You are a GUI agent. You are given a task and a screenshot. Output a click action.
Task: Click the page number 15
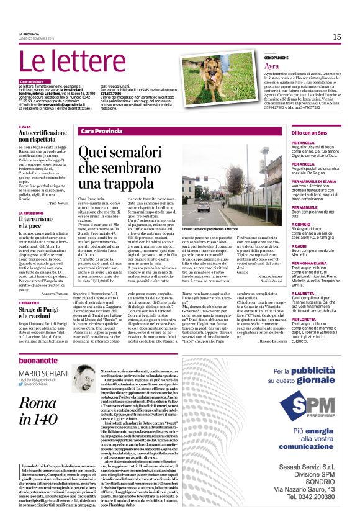point(336,37)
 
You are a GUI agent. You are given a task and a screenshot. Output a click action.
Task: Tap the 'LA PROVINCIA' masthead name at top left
point(28,34)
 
